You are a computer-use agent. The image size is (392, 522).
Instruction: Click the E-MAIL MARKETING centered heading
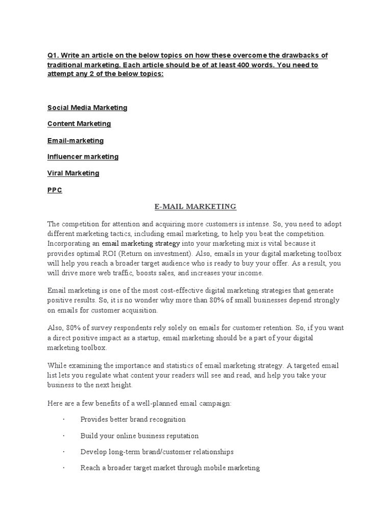pos(195,206)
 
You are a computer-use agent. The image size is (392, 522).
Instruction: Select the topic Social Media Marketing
pos(87,108)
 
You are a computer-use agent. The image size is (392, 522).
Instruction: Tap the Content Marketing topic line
pos(79,124)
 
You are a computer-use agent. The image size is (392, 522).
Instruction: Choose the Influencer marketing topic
pos(83,156)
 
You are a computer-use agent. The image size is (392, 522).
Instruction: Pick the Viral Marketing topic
pos(73,173)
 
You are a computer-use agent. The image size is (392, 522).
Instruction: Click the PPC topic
pos(55,190)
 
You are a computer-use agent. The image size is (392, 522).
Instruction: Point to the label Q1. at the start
pos(54,55)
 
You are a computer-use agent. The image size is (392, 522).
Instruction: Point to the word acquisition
pos(140,310)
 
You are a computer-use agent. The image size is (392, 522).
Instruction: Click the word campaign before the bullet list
pos(214,403)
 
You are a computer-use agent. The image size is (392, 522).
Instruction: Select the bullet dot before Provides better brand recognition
pos(64,420)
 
